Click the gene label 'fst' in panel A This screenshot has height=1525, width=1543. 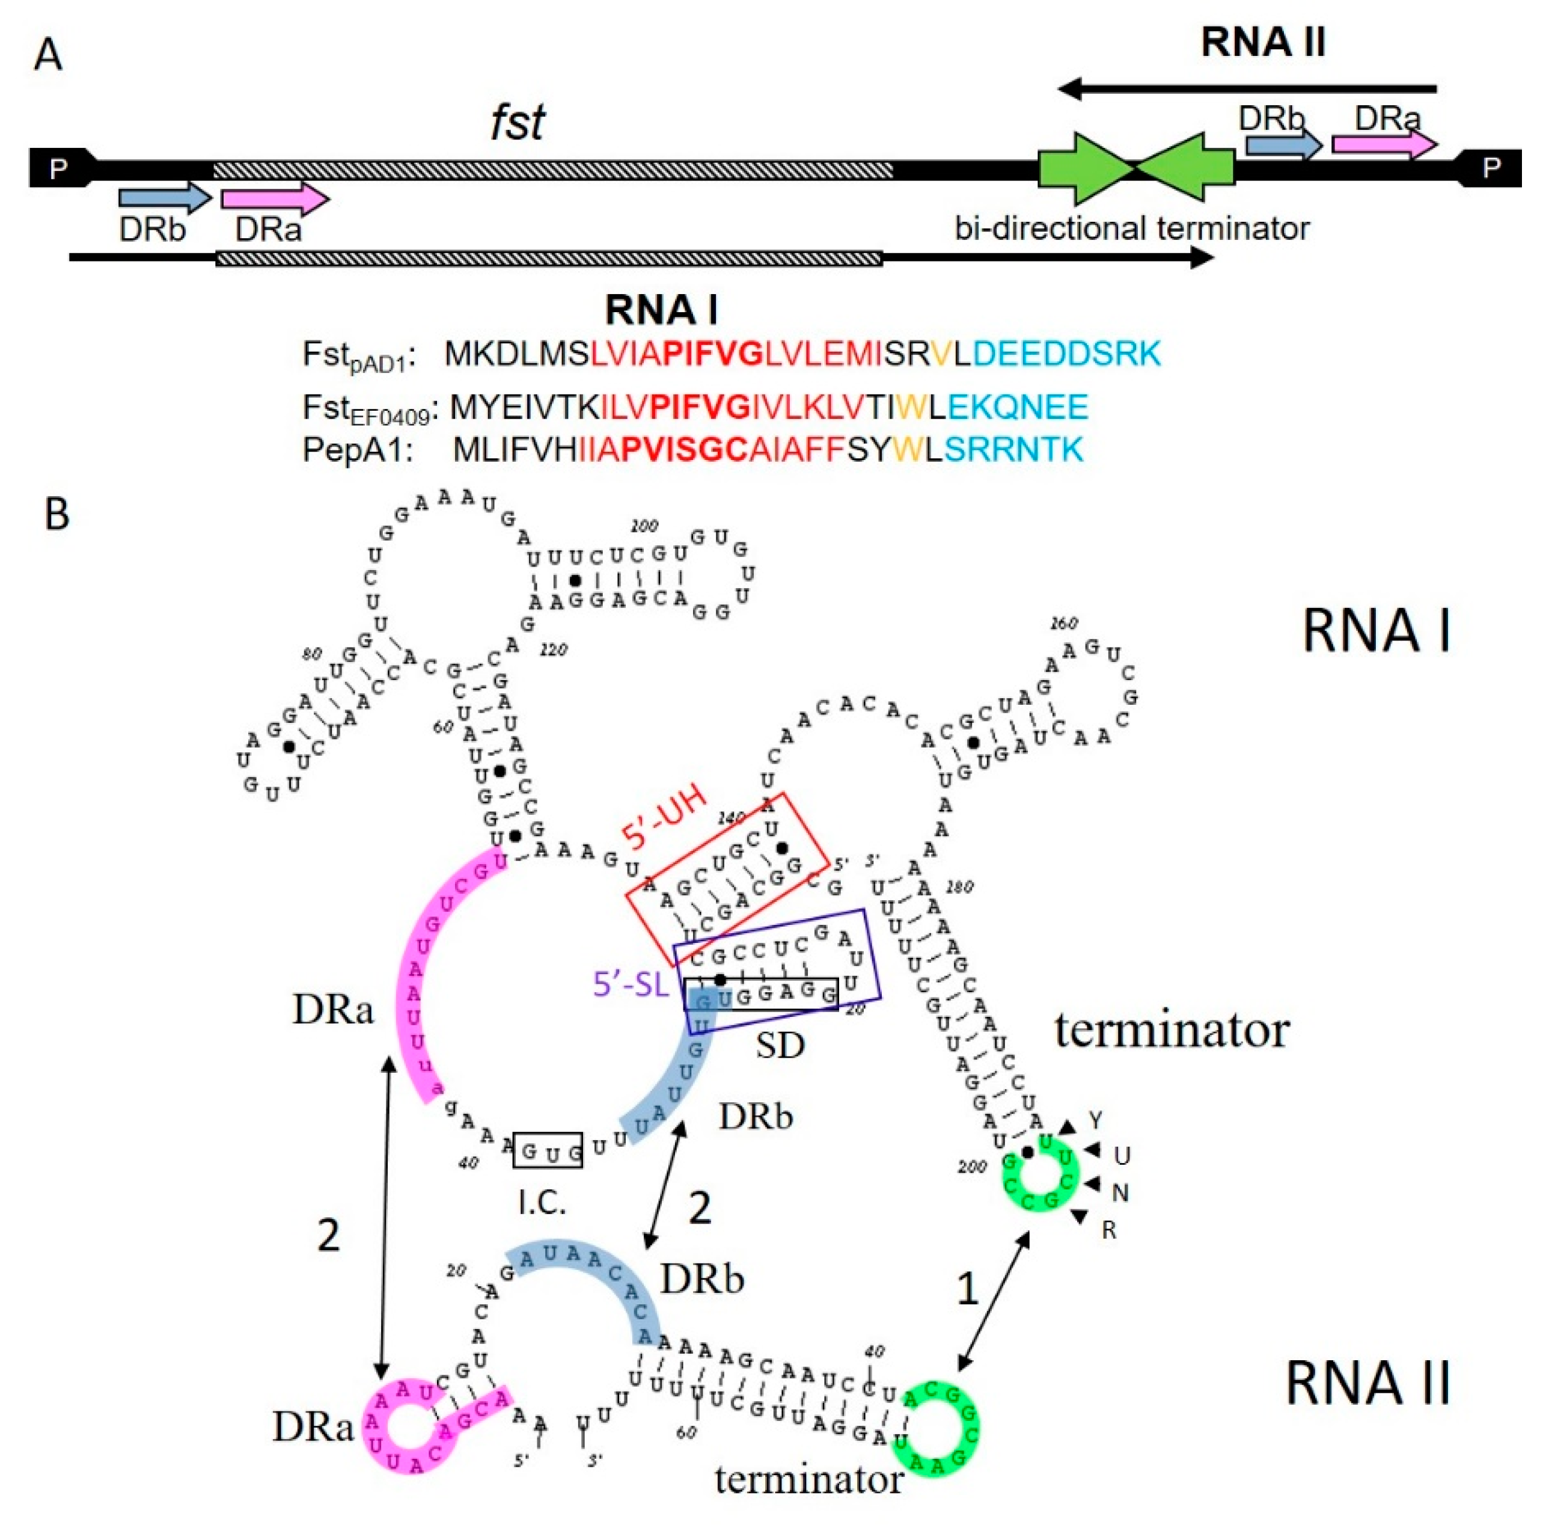pos(517,122)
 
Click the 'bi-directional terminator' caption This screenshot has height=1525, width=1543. pos(1132,229)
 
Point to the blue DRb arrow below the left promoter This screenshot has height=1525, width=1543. pos(163,197)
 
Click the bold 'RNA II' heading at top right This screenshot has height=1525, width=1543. pos(1263,41)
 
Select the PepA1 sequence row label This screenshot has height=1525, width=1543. pos(357,450)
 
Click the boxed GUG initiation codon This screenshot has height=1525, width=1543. pos(548,1151)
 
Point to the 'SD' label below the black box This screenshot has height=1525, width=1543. pos(780,1045)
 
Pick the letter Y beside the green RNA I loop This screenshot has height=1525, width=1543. pos(1096,1119)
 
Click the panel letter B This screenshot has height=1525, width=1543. pos(57,514)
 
